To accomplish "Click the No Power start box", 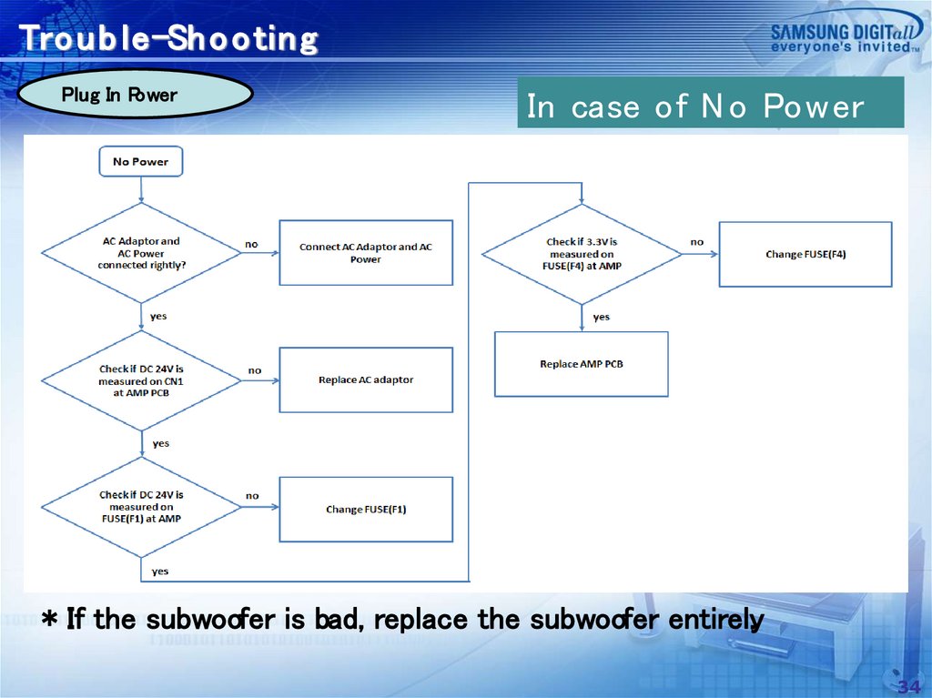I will click(x=140, y=162).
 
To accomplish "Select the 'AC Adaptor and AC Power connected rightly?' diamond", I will click(x=141, y=253).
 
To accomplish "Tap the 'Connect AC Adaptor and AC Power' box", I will click(x=365, y=253).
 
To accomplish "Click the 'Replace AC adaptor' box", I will click(x=365, y=379).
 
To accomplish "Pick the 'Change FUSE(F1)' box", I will click(x=365, y=510).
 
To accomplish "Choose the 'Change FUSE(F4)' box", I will click(x=805, y=254).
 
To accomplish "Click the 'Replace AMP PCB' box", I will click(x=581, y=364).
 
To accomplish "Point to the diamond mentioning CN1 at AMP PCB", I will click(x=141, y=380).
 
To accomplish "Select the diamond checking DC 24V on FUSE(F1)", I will click(x=141, y=507).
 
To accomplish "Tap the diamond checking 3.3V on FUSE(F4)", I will click(x=582, y=254).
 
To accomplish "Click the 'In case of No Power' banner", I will click(x=710, y=106).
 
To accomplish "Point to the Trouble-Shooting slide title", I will click(x=169, y=39).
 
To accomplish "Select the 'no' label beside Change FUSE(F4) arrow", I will click(x=697, y=242).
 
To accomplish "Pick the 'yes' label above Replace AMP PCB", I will click(x=601, y=317).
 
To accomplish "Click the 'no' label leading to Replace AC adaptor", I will click(x=255, y=370).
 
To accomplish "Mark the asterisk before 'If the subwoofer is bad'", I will click(x=52, y=621).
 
